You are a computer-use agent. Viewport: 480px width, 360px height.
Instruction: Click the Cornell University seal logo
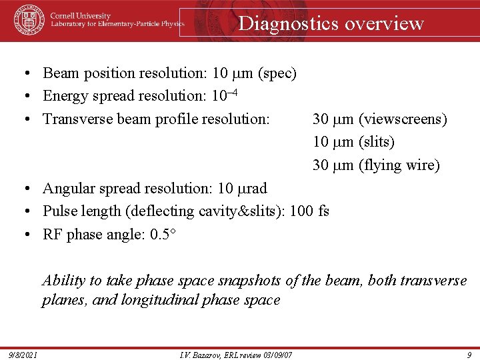point(28,20)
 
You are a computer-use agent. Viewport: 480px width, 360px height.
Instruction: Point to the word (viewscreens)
point(403,119)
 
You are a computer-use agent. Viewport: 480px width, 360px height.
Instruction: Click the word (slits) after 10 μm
point(377,142)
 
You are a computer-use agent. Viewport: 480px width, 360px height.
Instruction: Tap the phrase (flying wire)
point(399,165)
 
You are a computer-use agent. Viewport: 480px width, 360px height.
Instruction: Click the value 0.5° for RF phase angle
point(166,234)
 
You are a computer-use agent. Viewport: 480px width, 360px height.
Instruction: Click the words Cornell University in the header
point(81,16)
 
